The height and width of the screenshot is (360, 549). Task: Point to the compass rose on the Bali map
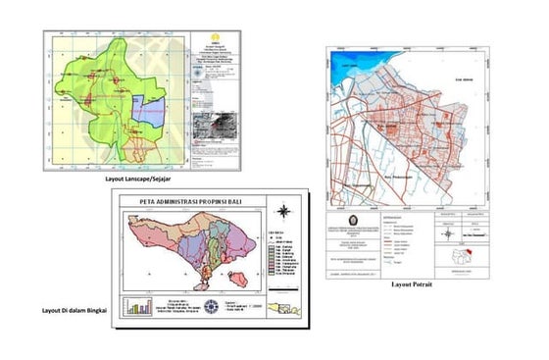282,211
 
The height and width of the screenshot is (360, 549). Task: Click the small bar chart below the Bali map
136,303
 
